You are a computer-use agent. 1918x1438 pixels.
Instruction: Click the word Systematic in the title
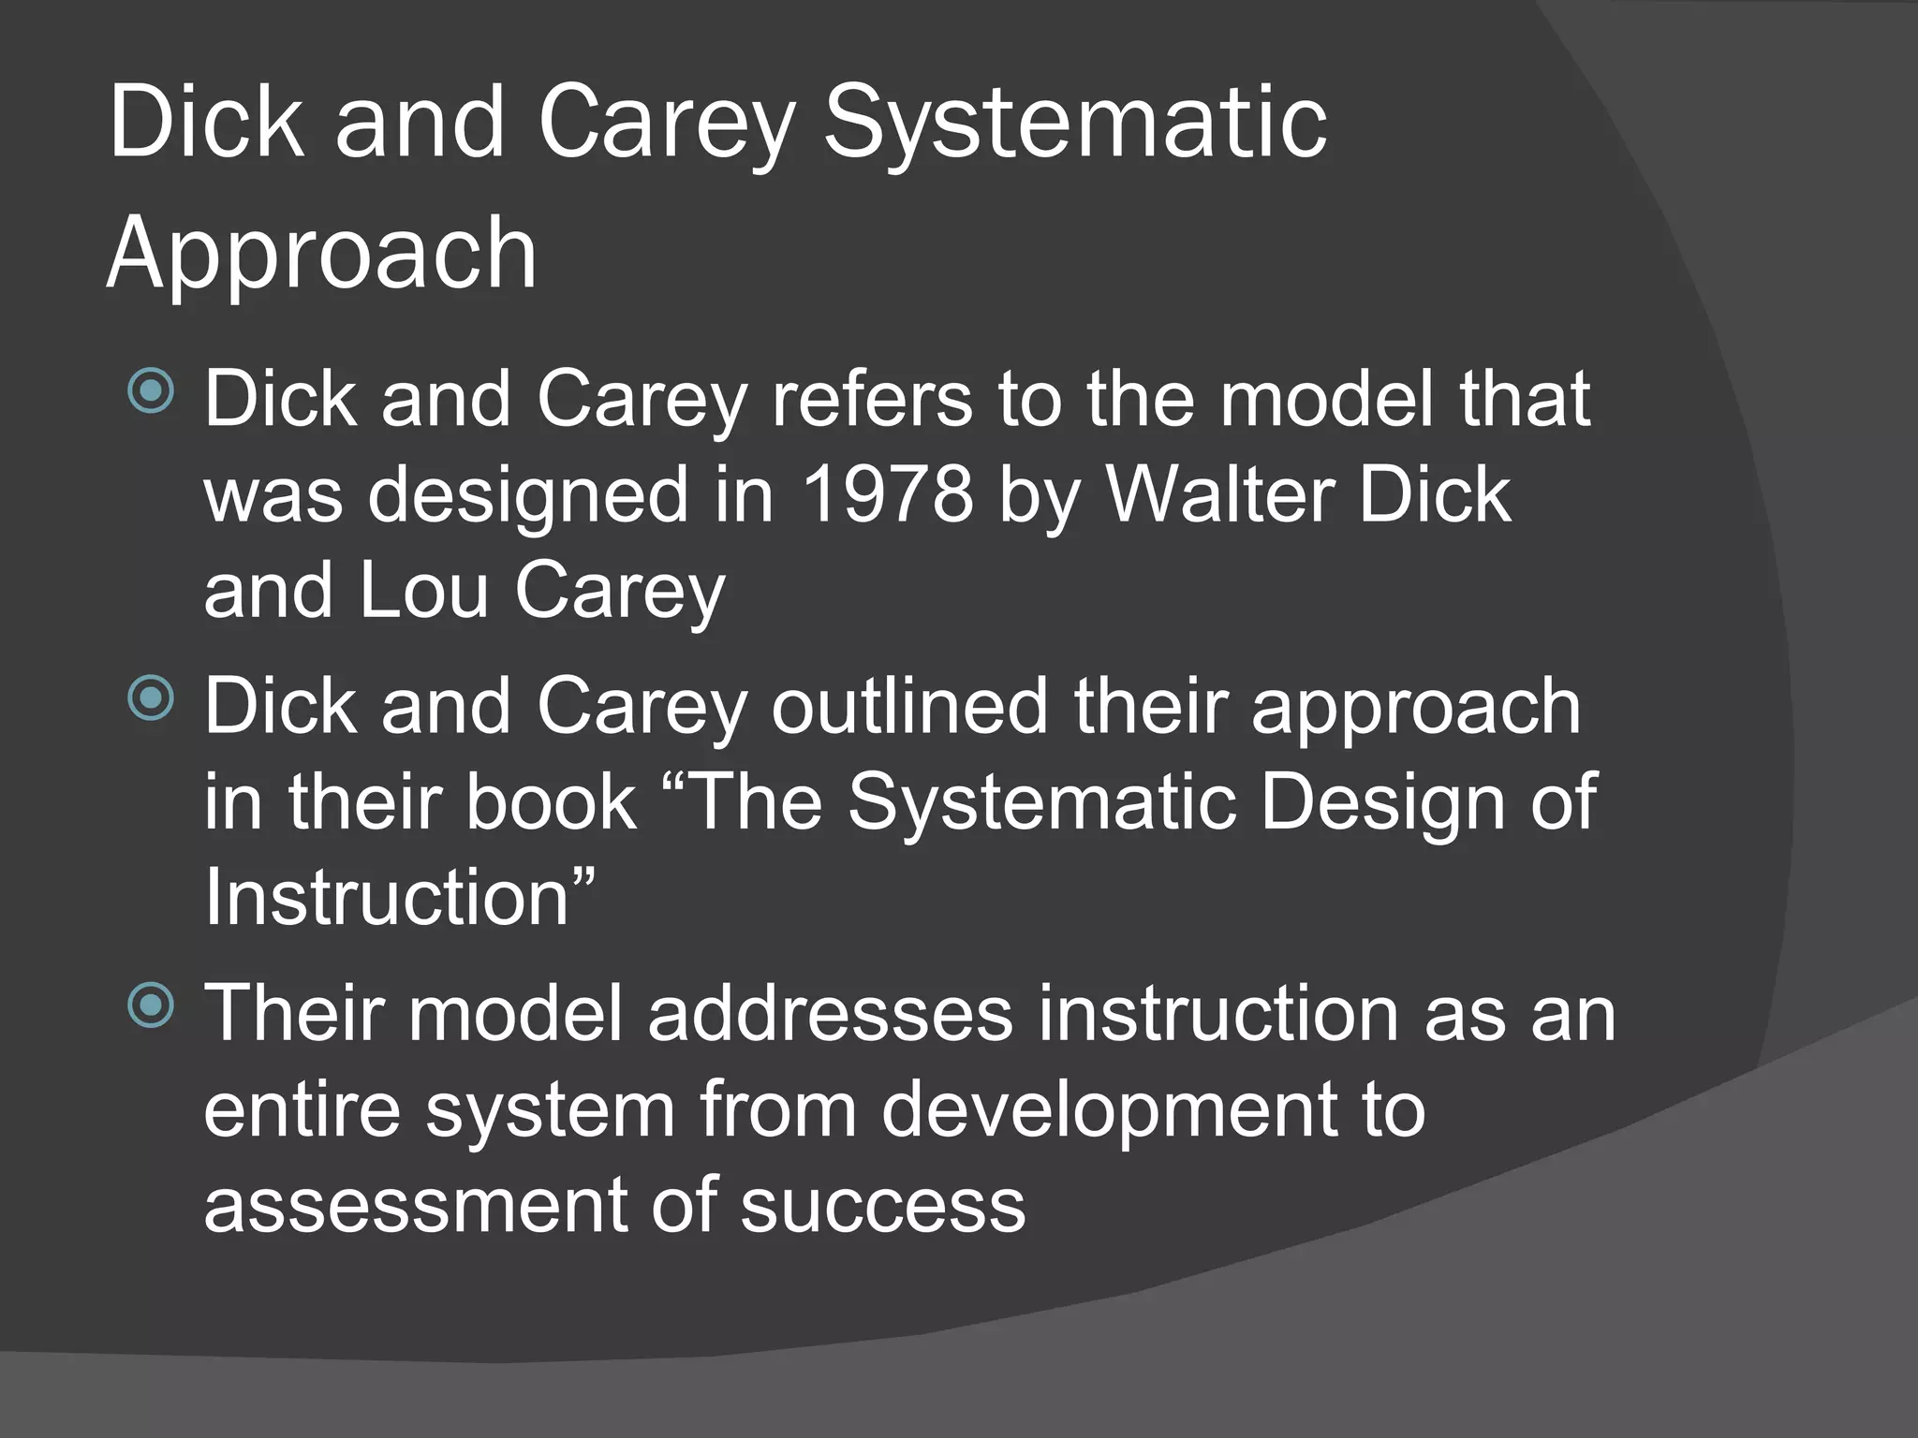pos(1074,124)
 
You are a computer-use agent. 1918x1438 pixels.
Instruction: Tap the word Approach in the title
pos(322,253)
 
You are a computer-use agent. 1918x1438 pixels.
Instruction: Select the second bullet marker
pos(151,697)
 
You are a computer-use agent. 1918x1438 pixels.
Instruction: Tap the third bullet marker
pos(151,1005)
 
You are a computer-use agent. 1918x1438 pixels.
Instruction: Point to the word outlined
pos(909,706)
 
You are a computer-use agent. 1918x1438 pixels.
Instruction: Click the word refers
pos(871,399)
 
